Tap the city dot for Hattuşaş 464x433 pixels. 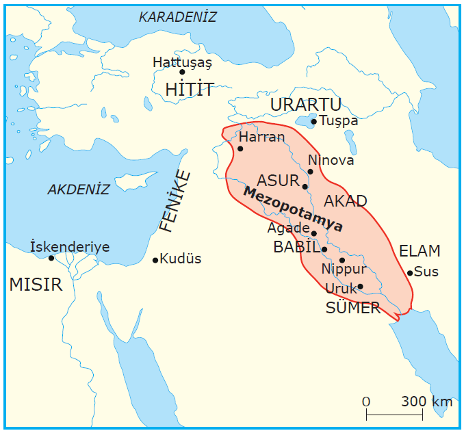pos(182,72)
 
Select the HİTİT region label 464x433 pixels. pos(190,89)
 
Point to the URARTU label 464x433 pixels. pos(305,105)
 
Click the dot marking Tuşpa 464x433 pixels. pos(314,122)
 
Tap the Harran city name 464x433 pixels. pos(261,137)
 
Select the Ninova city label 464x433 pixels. pos(331,160)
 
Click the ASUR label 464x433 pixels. pos(278,181)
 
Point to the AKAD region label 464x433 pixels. pos(345,201)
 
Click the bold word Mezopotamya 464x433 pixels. pos(293,210)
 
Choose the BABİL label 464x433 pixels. pos(296,248)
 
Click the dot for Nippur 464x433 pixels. pos(342,261)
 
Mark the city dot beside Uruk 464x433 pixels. pos(360,287)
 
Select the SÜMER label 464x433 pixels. pos(352,308)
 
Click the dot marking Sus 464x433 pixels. pos(410,273)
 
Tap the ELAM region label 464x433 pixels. pos(420,250)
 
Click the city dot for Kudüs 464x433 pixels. pos(155,260)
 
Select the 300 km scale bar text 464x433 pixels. pos(426,402)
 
